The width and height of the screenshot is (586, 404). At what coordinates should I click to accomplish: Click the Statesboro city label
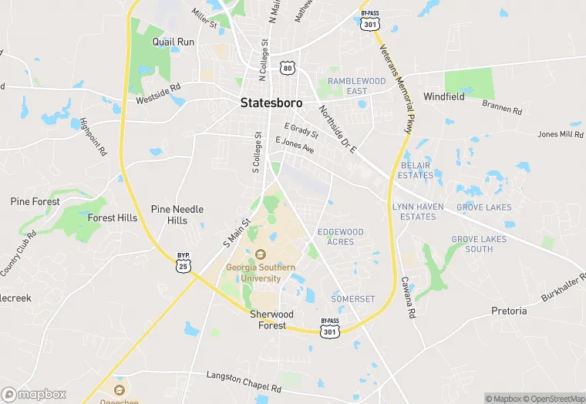271,103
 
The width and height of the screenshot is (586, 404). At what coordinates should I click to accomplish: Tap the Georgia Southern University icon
260,254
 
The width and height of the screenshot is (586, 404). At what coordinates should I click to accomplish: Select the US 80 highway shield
287,68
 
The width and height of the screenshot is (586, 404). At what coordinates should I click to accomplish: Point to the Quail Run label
173,42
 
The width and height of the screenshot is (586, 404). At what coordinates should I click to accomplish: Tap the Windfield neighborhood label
444,97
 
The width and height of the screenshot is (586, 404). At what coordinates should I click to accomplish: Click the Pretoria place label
509,311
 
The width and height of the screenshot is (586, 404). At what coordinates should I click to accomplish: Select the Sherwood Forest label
271,319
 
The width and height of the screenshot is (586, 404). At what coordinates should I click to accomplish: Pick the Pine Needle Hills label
177,214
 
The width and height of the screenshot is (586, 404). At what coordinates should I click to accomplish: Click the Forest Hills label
113,218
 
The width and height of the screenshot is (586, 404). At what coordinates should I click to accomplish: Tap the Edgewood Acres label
340,237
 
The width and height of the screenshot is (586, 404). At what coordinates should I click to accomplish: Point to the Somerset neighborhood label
352,298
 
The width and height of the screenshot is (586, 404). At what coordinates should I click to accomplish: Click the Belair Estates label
416,170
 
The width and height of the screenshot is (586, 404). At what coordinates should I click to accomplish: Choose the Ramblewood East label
356,86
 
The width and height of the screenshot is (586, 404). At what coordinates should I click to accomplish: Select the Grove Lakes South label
479,244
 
